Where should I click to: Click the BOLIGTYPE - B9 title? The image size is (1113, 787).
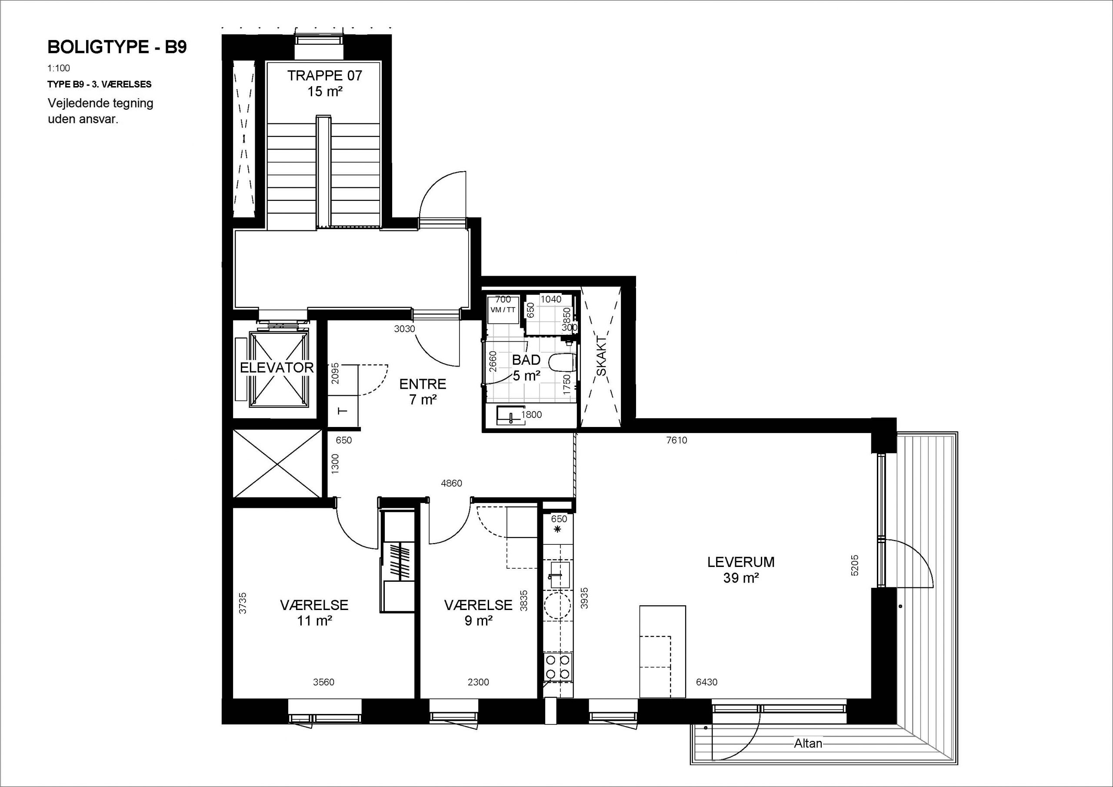[x=117, y=47]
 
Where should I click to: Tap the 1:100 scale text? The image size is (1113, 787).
[x=59, y=68]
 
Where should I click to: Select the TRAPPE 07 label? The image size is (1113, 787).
[x=325, y=76]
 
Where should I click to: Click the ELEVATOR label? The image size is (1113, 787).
[x=277, y=367]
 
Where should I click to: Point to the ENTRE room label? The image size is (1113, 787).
[x=423, y=384]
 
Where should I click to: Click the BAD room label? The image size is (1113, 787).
[x=527, y=360]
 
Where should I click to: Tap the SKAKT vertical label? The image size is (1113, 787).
[x=601, y=355]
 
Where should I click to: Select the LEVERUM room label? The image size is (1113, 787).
[x=741, y=562]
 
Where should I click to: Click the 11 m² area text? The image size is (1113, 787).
[x=314, y=620]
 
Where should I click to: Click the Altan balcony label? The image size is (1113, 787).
[x=808, y=744]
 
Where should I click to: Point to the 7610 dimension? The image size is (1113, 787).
[x=677, y=440]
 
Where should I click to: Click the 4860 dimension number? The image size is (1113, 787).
[x=451, y=484]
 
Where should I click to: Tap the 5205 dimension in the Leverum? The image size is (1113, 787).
[x=855, y=565]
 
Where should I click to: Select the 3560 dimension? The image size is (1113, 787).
[x=323, y=682]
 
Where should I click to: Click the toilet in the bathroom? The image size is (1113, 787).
[x=562, y=362]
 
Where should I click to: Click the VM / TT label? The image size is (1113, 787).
[x=503, y=310]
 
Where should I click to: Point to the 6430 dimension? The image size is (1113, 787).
[x=706, y=682]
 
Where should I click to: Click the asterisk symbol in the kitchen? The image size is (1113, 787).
[x=557, y=529]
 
